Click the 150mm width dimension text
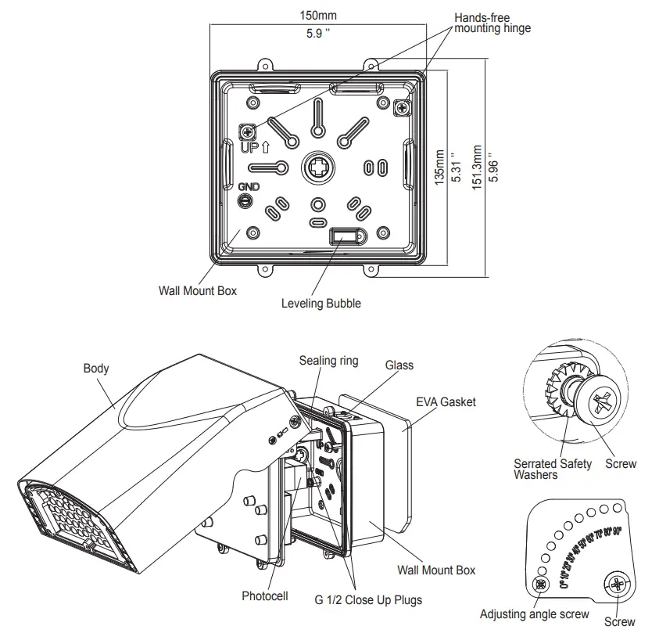[317, 16]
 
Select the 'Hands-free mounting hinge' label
[492, 22]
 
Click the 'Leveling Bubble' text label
[321, 304]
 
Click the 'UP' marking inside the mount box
[250, 146]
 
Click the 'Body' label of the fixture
[96, 368]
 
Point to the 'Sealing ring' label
[328, 361]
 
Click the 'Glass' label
[399, 365]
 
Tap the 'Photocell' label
[264, 596]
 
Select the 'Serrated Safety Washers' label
[552, 470]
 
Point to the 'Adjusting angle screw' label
[534, 614]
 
